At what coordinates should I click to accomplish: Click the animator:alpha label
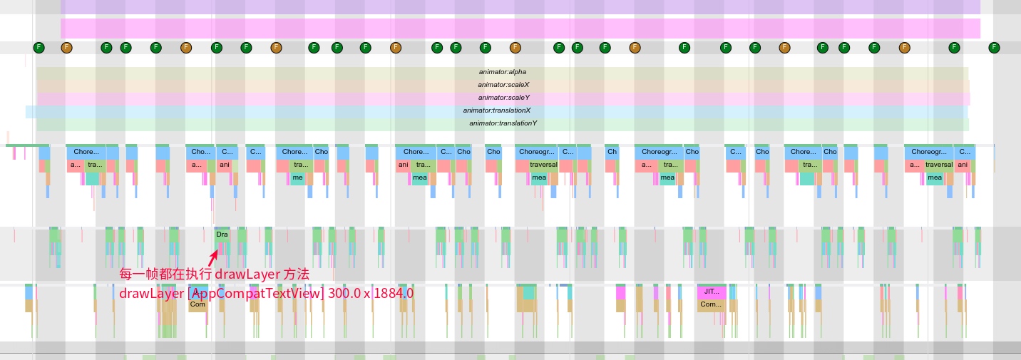click(x=502, y=72)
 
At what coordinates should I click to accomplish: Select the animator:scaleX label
click(x=503, y=85)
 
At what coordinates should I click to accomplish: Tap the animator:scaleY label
click(x=503, y=98)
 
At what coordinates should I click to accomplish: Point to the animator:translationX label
click(x=496, y=110)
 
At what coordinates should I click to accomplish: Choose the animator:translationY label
click(x=503, y=123)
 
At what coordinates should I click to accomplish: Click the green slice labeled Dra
click(x=222, y=234)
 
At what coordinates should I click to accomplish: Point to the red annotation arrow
click(x=212, y=257)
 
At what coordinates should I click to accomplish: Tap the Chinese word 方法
click(x=296, y=274)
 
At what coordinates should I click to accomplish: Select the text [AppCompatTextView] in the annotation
click(x=257, y=293)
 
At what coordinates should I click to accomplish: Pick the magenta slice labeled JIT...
click(x=712, y=292)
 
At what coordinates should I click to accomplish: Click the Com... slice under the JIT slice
click(x=711, y=304)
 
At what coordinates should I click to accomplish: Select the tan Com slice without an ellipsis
click(x=198, y=304)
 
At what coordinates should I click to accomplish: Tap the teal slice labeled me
click(x=298, y=178)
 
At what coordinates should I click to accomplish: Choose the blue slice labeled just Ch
click(x=612, y=152)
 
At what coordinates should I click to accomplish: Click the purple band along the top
click(x=520, y=7)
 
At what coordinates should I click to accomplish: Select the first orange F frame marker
click(x=66, y=48)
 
